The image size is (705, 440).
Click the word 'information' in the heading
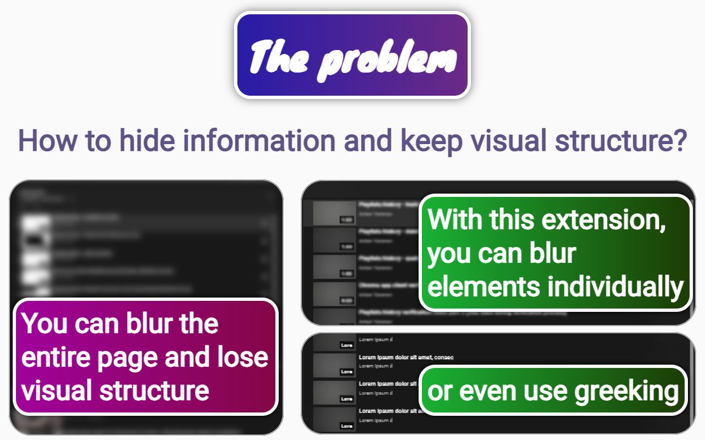(259, 141)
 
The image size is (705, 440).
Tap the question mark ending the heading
(681, 141)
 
